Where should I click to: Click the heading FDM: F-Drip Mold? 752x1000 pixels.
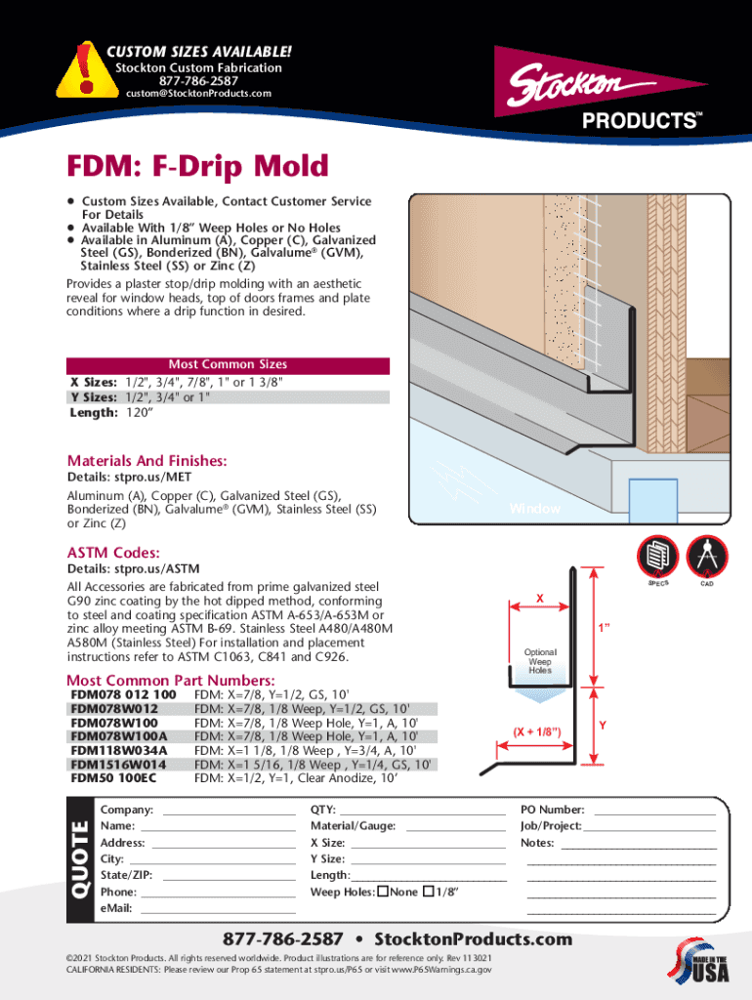click(x=197, y=166)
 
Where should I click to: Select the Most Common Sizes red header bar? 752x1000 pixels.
click(x=228, y=365)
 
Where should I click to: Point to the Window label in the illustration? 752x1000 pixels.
click(x=534, y=509)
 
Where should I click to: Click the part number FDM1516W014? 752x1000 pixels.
click(x=118, y=765)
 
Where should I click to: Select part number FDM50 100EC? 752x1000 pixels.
click(x=113, y=779)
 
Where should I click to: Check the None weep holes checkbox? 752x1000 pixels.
click(x=383, y=892)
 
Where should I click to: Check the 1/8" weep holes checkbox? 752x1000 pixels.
click(x=429, y=892)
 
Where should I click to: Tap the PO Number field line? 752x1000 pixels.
click(x=654, y=811)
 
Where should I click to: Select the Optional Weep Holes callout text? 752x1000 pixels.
click(x=540, y=661)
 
